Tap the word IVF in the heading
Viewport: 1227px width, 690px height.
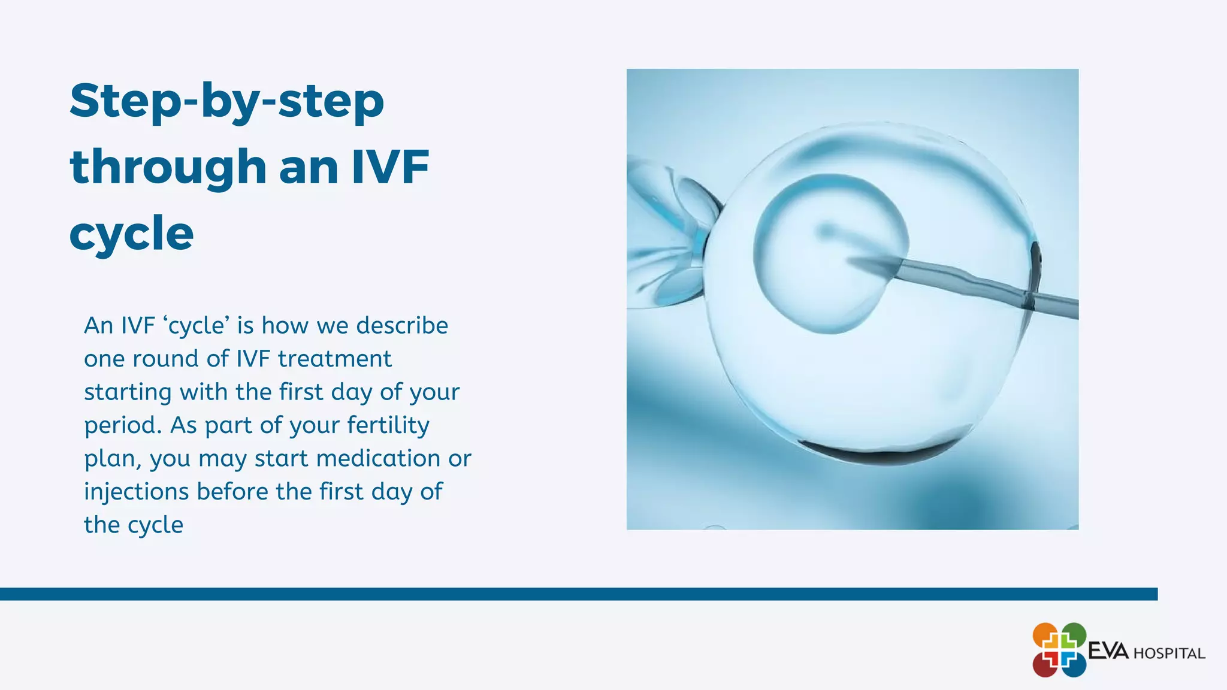pos(390,167)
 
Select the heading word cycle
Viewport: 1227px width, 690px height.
pos(131,234)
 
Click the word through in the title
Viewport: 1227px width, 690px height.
pos(168,168)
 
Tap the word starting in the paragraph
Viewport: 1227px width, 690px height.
pos(128,393)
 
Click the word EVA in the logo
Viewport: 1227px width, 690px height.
pos(1108,651)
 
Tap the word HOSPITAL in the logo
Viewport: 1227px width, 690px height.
pos(1169,653)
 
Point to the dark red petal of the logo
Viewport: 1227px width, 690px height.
pos(1045,664)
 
